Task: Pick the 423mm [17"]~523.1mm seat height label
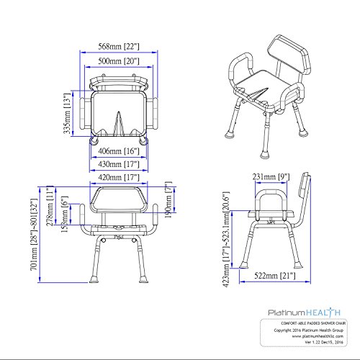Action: pyautogui.click(x=229, y=249)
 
